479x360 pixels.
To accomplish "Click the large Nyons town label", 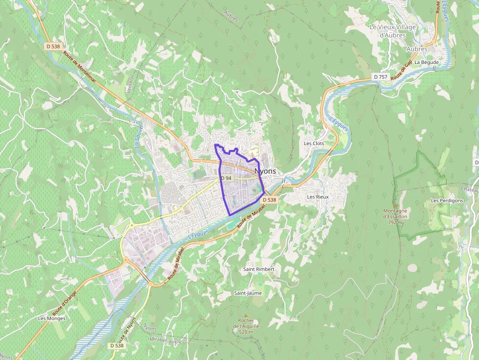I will pos(265,171).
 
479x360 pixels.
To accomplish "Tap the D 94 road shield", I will pos(226,178).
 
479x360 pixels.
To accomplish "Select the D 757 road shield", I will pos(380,77).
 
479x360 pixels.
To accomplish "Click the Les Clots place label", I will pos(314,144).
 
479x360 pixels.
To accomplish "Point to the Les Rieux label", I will pos(318,197).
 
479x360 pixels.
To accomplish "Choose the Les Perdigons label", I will pos(447,201).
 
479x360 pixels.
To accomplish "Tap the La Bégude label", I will pos(427,63).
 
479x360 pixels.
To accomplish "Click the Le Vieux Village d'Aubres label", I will pos(392,31).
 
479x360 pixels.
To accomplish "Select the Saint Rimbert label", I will pos(259,269).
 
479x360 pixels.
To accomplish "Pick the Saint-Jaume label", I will pos(247,293).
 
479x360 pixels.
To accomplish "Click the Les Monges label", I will pos(52,318).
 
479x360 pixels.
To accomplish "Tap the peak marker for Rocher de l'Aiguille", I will pos(246,315).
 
